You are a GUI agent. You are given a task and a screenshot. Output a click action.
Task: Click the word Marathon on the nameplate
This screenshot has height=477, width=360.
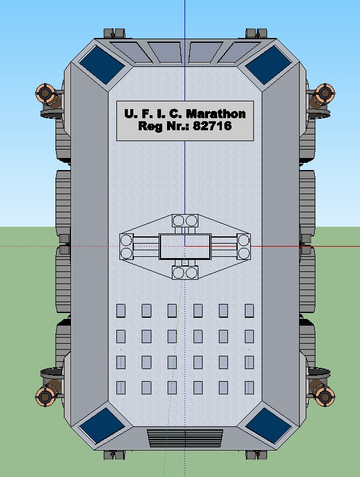(x=216, y=114)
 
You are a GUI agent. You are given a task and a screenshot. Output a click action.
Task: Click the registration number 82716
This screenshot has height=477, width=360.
(x=212, y=125)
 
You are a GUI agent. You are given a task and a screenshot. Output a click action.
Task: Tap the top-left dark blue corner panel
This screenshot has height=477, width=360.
(x=101, y=65)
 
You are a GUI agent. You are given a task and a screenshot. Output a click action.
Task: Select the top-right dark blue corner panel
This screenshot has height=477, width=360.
(x=268, y=65)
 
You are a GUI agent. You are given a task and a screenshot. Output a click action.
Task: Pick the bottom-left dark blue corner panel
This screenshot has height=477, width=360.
(x=101, y=426)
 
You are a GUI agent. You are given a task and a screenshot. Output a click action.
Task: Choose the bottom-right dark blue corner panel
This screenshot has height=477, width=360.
(x=268, y=426)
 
